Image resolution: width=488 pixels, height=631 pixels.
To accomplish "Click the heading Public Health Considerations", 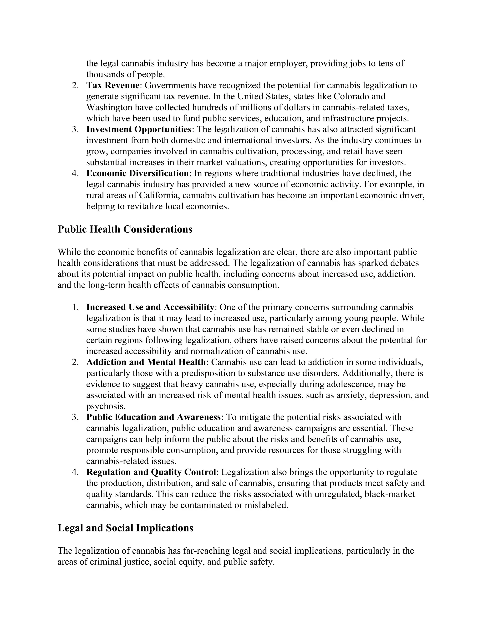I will point(125,229).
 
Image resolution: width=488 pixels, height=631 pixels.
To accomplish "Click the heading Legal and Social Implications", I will point(125,528).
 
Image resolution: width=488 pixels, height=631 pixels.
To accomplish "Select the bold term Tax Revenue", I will point(113,85).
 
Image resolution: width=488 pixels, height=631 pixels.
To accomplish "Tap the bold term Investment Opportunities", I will point(139,129).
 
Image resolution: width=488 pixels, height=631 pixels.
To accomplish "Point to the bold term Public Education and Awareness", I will point(153,417).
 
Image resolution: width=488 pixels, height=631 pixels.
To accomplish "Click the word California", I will point(160,195).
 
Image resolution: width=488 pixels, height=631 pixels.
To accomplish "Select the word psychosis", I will point(106,406).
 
